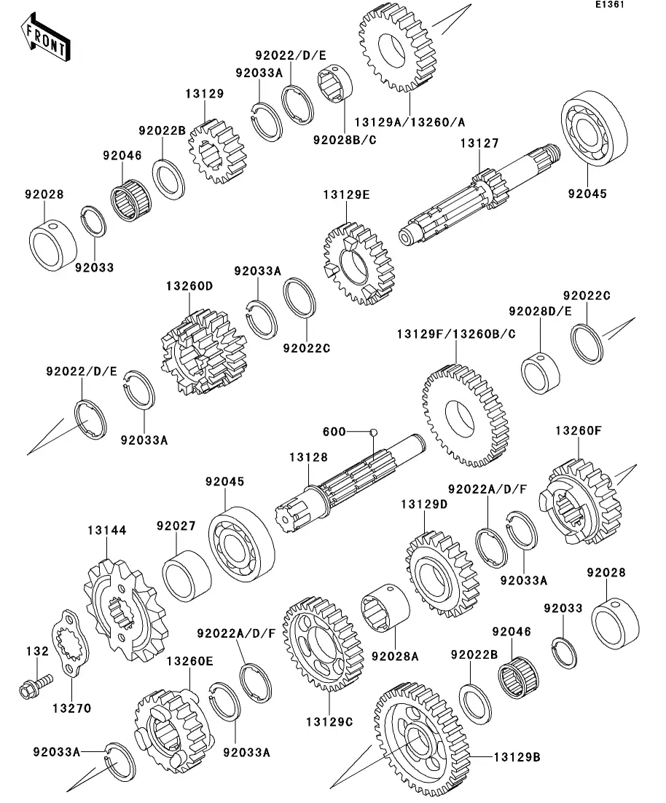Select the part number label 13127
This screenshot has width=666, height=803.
point(479,143)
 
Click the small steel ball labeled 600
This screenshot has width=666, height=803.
point(373,432)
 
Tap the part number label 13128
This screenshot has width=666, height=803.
point(308,457)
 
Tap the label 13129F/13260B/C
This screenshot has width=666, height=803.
point(456,334)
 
